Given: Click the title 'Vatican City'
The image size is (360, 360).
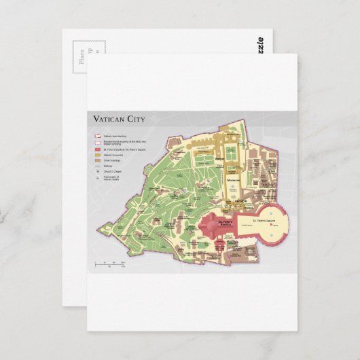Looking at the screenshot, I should pyautogui.click(x=120, y=120).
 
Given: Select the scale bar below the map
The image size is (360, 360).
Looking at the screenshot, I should pyautogui.click(x=105, y=264).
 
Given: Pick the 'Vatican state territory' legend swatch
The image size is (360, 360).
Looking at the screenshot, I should pyautogui.click(x=97, y=136).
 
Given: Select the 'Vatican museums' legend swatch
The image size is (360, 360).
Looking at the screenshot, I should pyautogui.click(x=97, y=156).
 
